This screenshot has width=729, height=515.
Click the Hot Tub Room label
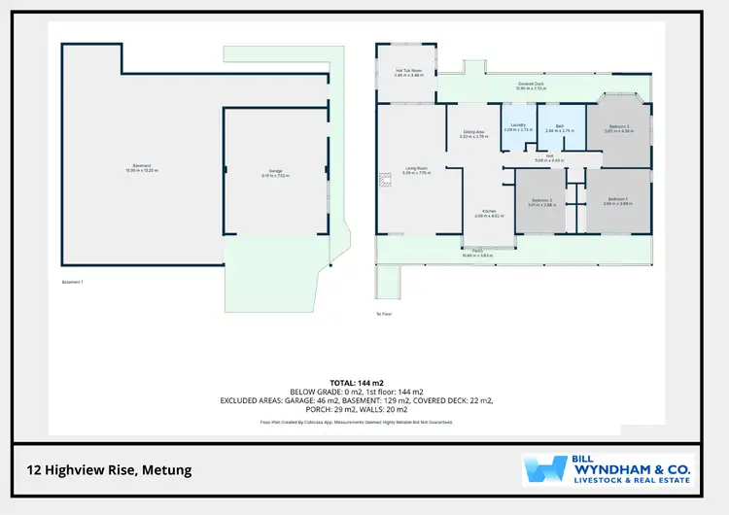(x=408, y=70)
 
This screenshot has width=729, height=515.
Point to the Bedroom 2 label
(x=619, y=126)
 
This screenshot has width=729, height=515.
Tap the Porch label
(x=478, y=251)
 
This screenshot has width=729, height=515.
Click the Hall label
(x=549, y=156)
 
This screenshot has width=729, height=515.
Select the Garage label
(x=276, y=171)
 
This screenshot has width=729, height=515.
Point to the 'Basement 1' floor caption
(x=73, y=282)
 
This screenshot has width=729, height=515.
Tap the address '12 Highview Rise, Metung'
(x=109, y=470)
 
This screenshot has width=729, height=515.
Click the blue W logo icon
(x=545, y=470)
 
